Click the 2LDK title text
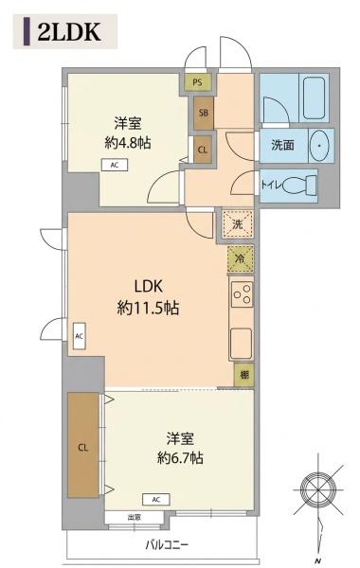(x=69, y=32)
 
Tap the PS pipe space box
(x=197, y=82)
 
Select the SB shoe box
(x=204, y=113)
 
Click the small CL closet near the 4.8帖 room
(x=203, y=150)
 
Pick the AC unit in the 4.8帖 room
(x=115, y=165)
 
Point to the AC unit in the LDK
(x=79, y=336)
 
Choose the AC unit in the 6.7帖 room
(x=156, y=500)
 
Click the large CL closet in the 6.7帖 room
(x=83, y=445)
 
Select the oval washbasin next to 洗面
(x=319, y=146)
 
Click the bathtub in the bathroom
(x=314, y=98)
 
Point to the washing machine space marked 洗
(x=238, y=223)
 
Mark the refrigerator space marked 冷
(x=240, y=258)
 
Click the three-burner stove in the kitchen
(x=242, y=294)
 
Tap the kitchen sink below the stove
(x=241, y=343)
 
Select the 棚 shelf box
(x=244, y=375)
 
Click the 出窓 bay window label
(x=134, y=518)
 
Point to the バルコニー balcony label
(x=167, y=544)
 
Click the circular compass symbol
(x=318, y=489)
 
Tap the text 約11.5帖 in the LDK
(x=148, y=309)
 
